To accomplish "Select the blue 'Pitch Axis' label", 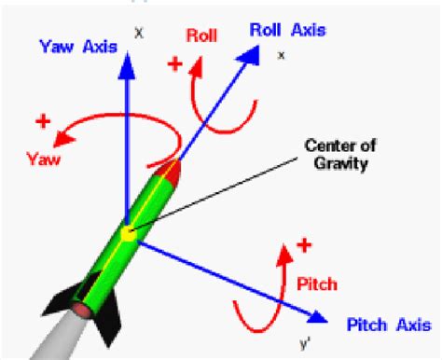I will (386, 324).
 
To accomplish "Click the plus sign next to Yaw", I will (42, 122).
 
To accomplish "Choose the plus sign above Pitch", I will (305, 246).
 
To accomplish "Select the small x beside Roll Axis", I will (281, 56).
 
